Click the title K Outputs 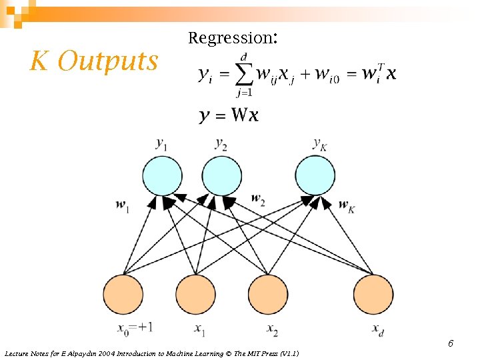coord(94,61)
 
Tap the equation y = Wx coord(229,115)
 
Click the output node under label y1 coord(162,175)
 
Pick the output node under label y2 coord(221,175)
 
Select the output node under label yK coord(315,175)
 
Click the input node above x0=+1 coord(123,294)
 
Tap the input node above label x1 coord(195,294)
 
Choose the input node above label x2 coord(268,294)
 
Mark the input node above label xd coord(373,294)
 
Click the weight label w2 coord(258,198)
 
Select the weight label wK coord(347,205)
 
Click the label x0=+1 coord(135,328)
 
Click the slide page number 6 coord(451,343)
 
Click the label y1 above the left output coord(161,143)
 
